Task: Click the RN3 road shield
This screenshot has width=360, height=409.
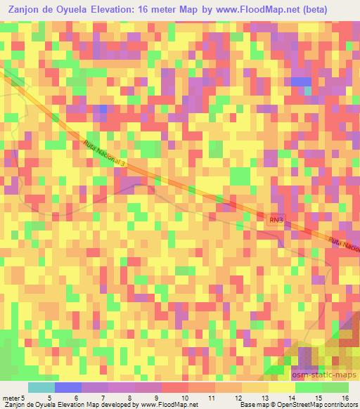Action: pos(276,220)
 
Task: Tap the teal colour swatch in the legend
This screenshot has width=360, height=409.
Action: pos(41,387)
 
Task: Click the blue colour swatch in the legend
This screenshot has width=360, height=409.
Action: pos(67,387)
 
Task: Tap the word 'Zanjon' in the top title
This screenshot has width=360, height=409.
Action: pos(23,9)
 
